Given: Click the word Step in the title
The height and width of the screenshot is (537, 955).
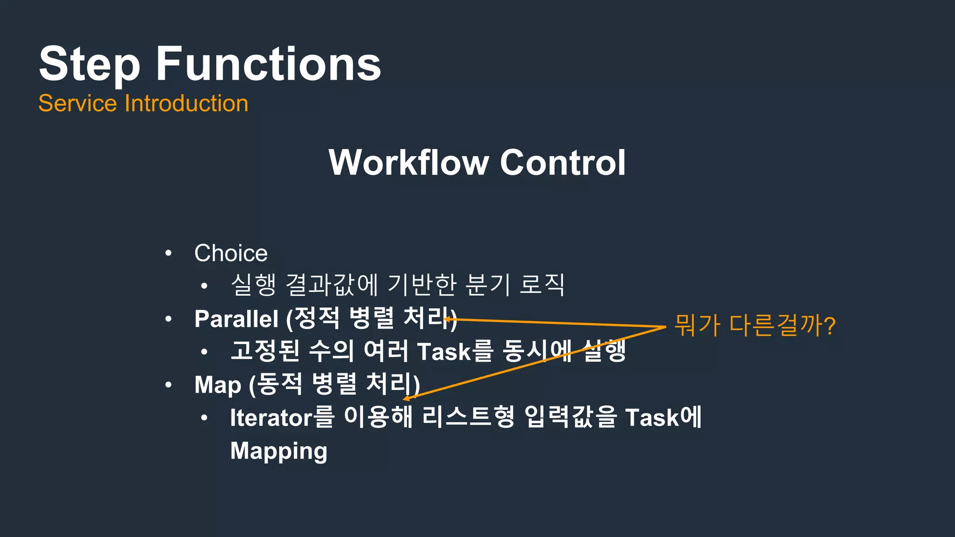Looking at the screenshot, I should pyautogui.click(x=89, y=64).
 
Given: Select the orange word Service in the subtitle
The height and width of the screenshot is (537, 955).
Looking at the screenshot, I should pyautogui.click(x=77, y=103).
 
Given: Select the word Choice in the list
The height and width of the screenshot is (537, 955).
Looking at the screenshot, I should pyautogui.click(x=231, y=253).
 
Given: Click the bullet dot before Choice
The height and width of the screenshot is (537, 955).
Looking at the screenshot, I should pyautogui.click(x=168, y=254).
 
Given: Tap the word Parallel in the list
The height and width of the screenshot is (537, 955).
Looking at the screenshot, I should pyautogui.click(x=236, y=319).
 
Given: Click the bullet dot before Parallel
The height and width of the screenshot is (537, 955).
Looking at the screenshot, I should pyautogui.click(x=168, y=319).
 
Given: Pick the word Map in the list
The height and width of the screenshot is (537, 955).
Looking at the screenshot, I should pyautogui.click(x=217, y=385).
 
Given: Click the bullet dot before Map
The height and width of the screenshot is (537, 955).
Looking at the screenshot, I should pyautogui.click(x=168, y=385).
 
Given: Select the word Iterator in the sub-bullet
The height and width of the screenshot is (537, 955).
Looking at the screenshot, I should pyautogui.click(x=271, y=417).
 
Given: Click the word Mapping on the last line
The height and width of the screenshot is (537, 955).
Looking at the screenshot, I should pyautogui.click(x=278, y=451).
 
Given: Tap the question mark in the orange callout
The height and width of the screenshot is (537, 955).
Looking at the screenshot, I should pyautogui.click(x=829, y=325).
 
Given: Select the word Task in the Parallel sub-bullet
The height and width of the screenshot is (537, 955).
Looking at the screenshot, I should pyautogui.click(x=444, y=351).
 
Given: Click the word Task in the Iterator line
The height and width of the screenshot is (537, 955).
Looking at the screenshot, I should pyautogui.click(x=652, y=417).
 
